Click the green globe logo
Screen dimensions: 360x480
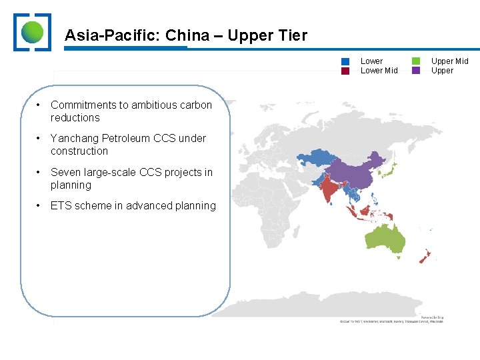[33, 32]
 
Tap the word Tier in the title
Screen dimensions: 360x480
[292, 35]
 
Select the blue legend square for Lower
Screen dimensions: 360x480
[345, 61]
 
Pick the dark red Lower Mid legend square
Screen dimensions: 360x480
[345, 71]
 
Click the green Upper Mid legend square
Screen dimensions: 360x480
[416, 61]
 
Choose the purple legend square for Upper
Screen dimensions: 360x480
[416, 71]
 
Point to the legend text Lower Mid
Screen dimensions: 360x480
[379, 71]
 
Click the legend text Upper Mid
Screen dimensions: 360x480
[449, 61]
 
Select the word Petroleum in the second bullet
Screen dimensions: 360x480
[125, 138]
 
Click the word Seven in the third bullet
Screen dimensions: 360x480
[65, 172]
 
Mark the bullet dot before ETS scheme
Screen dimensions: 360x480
[39, 205]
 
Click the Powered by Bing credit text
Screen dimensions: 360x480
[432, 317]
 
